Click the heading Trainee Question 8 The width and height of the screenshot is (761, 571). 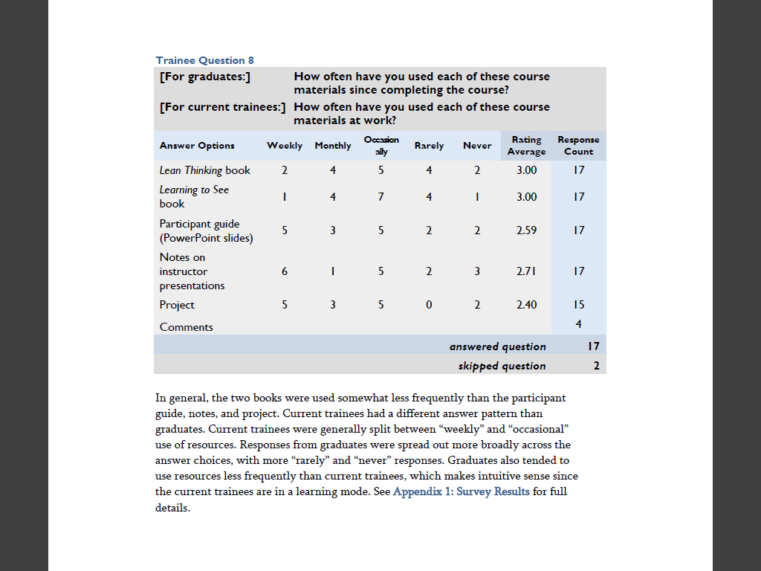(205, 60)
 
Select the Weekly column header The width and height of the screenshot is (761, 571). (285, 146)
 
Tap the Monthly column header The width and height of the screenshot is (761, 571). (333, 146)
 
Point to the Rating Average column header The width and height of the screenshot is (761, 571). (526, 146)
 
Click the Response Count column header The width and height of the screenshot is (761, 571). (578, 146)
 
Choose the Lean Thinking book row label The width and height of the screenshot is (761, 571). (205, 170)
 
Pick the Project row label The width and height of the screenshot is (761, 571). (177, 305)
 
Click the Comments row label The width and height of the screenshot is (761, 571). (186, 327)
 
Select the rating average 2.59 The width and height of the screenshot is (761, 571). (526, 230)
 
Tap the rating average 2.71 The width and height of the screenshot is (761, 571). (526, 271)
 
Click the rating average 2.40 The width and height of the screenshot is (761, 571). (526, 305)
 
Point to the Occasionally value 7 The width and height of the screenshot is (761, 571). (381, 197)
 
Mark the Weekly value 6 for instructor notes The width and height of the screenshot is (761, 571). (285, 271)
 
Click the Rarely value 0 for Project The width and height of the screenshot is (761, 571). (429, 305)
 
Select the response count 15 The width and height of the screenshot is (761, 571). (578, 305)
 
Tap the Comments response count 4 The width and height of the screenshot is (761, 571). (578, 323)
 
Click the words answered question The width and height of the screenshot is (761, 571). (498, 346)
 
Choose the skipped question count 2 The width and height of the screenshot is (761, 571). (596, 366)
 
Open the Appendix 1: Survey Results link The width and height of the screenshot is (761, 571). (462, 491)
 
